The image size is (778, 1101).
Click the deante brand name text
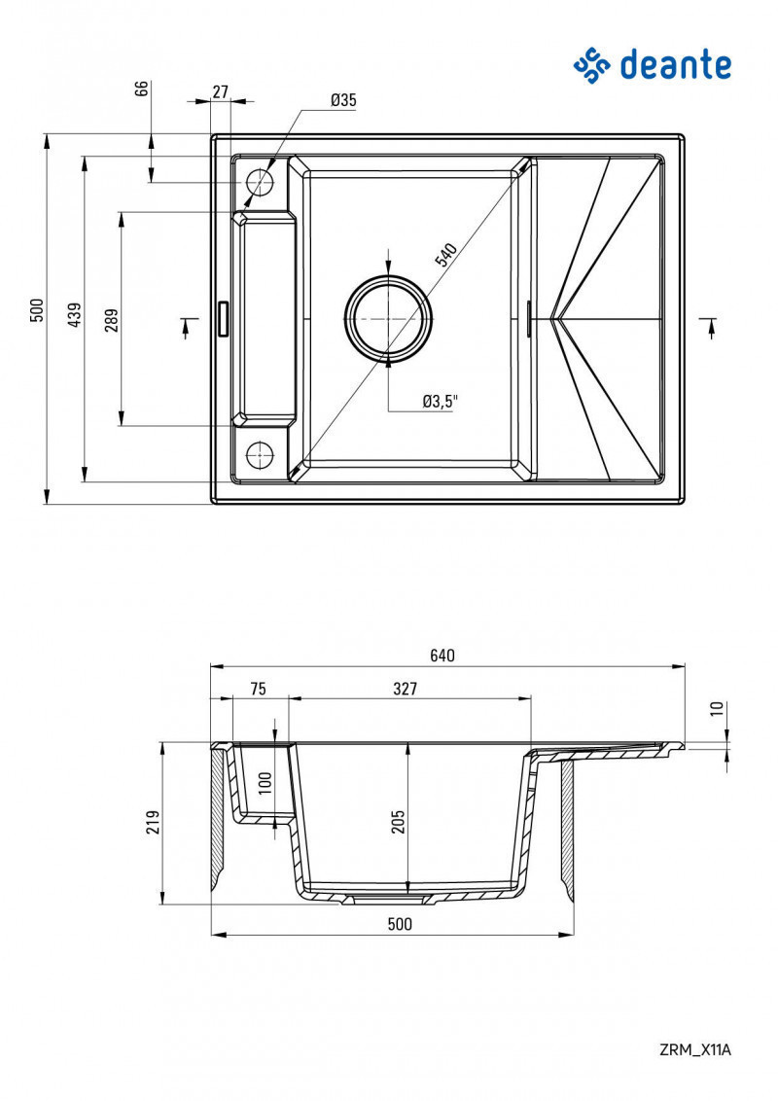675,65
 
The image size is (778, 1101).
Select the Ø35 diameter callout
343,100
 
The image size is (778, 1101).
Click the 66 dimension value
142,89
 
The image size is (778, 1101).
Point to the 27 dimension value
220,91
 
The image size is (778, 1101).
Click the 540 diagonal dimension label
444,256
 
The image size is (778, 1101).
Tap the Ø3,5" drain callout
440,401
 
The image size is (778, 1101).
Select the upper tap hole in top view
260,182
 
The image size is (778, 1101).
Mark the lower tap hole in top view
259,454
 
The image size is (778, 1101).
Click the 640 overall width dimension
442,656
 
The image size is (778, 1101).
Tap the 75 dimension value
258,689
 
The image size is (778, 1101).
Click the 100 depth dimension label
265,782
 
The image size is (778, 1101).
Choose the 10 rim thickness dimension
717,709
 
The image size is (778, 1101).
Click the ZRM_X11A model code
694,1049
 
